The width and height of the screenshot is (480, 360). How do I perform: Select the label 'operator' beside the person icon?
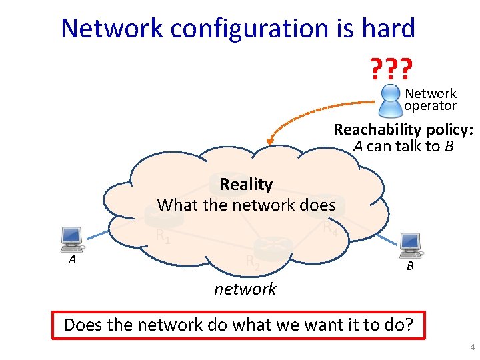[x=430, y=106]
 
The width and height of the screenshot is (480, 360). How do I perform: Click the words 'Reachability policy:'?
[x=403, y=129]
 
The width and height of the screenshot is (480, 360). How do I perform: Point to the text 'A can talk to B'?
[x=403, y=146]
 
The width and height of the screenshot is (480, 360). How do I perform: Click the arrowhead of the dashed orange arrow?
[x=269, y=141]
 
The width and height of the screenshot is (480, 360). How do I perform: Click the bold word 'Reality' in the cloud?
[x=246, y=184]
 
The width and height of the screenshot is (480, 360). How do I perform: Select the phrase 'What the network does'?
[x=246, y=205]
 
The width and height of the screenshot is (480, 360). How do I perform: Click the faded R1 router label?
[x=163, y=235]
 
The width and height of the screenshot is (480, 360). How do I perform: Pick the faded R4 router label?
[x=330, y=227]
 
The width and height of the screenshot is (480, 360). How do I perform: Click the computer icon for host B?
[x=409, y=245]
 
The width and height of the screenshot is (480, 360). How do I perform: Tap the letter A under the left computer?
[x=71, y=260]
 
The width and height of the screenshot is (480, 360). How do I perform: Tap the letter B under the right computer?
[x=411, y=267]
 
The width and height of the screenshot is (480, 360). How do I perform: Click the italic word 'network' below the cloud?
[x=245, y=289]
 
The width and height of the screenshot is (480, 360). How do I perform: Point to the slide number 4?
[x=471, y=348]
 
